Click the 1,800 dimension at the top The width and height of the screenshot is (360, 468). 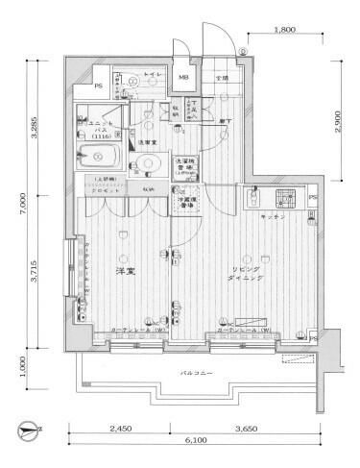[284, 31]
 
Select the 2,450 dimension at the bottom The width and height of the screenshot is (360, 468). [120, 429]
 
